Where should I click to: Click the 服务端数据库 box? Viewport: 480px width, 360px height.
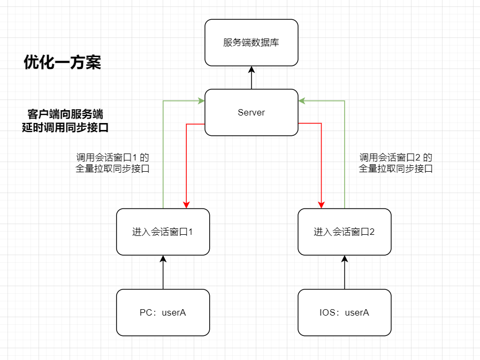(x=252, y=43)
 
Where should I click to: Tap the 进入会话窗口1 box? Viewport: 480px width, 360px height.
(x=163, y=232)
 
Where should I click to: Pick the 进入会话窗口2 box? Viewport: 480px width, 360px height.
(x=345, y=232)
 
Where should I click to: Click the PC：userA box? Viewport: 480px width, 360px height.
(x=163, y=312)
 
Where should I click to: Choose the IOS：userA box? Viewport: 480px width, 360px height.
(x=345, y=312)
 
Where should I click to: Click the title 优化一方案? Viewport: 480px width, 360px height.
(x=63, y=63)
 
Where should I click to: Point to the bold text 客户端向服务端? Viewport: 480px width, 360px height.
(x=65, y=114)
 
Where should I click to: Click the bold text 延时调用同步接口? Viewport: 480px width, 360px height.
(x=65, y=128)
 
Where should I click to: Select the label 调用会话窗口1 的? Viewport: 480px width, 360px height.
(x=112, y=158)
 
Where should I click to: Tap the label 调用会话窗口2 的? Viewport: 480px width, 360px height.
(x=395, y=158)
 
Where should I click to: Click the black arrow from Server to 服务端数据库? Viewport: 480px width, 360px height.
(x=252, y=78)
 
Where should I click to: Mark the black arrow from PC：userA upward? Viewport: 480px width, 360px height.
(x=163, y=272)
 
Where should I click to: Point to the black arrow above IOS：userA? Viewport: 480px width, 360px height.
(x=345, y=272)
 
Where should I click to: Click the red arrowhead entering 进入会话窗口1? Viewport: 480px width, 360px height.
(x=186, y=204)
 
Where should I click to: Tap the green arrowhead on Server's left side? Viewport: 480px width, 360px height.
(x=201, y=101)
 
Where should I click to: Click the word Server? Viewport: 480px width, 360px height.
(x=252, y=112)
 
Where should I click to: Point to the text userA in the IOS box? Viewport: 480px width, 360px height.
(x=357, y=312)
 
